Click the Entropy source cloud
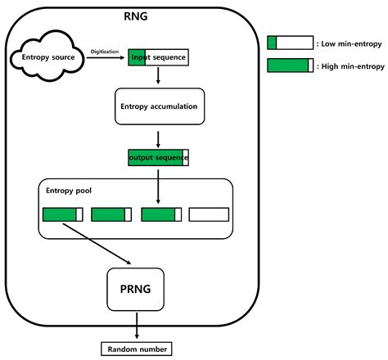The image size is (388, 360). tap(47, 58)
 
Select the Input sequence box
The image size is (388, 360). tap(158, 57)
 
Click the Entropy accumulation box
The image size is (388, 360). tap(158, 106)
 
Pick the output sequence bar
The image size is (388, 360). tap(158, 156)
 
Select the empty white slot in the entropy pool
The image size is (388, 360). tap(209, 215)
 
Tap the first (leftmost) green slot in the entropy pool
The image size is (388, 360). tap(62, 215)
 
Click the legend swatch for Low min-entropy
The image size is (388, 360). tap(291, 43)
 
